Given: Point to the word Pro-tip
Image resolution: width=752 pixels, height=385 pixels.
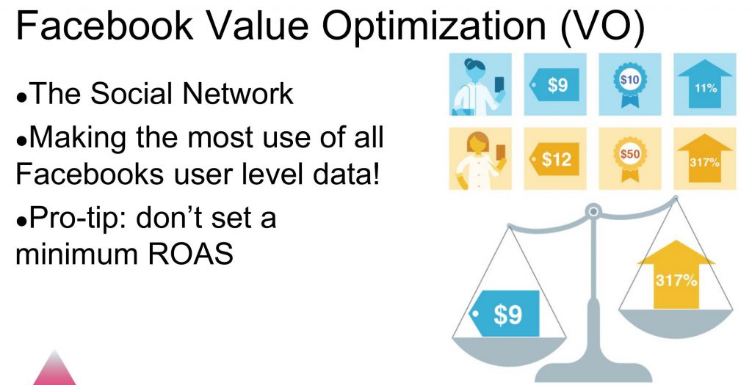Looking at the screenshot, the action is [x=79, y=219].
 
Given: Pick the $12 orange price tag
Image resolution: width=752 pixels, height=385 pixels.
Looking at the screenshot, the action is [x=554, y=158].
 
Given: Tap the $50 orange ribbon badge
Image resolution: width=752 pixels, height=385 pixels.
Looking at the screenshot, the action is [x=629, y=158].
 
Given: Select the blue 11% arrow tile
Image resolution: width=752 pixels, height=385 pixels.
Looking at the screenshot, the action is [x=704, y=84].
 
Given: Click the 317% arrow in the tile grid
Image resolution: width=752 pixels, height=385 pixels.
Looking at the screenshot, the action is [x=704, y=158].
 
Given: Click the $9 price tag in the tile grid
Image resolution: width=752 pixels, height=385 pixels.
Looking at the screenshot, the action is [x=554, y=84].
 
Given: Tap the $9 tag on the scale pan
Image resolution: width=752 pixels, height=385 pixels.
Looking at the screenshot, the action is [x=504, y=313].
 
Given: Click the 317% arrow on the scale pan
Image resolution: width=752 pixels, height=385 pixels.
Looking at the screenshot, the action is [x=676, y=274].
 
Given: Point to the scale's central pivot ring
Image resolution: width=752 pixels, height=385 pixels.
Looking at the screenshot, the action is [x=593, y=210].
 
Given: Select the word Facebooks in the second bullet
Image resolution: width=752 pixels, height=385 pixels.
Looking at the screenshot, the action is [x=89, y=173].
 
